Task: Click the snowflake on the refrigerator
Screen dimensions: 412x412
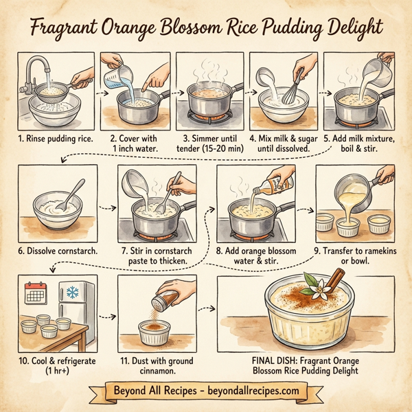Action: pyautogui.click(x=72, y=292)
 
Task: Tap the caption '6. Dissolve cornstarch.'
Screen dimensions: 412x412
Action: pyautogui.click(x=58, y=251)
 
